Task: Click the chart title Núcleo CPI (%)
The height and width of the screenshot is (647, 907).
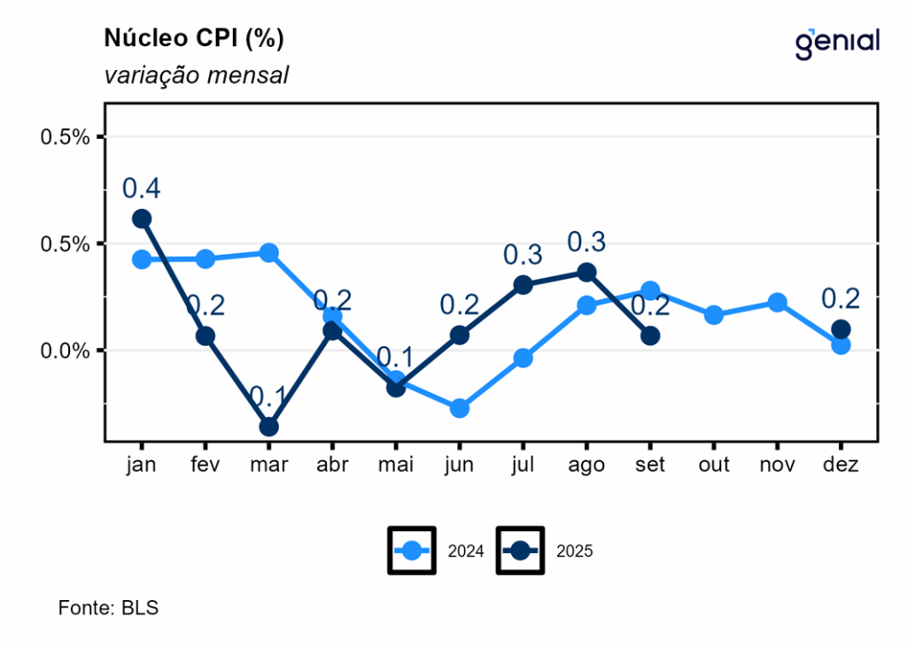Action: pyautogui.click(x=194, y=39)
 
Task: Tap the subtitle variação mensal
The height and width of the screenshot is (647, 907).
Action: pyautogui.click(x=197, y=75)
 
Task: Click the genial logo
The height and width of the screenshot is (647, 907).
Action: pyautogui.click(x=836, y=42)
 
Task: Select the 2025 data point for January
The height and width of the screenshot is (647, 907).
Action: pyautogui.click(x=142, y=219)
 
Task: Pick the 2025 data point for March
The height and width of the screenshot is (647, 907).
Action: pyautogui.click(x=268, y=427)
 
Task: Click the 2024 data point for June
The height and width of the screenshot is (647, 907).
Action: pyautogui.click(x=459, y=408)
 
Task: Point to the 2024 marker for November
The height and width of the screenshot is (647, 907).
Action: pyautogui.click(x=777, y=303)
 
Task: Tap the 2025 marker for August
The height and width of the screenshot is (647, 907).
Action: pyautogui.click(x=586, y=272)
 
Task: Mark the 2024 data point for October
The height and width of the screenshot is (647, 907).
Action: pyautogui.click(x=713, y=315)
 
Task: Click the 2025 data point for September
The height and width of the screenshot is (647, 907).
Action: pyautogui.click(x=650, y=335)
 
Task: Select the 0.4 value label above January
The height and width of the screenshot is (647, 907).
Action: pyautogui.click(x=142, y=189)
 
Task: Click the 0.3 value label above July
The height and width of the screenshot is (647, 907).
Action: pyautogui.click(x=523, y=255)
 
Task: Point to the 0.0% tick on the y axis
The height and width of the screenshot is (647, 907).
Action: pyautogui.click(x=66, y=350)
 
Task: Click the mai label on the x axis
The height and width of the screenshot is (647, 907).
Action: pyautogui.click(x=396, y=465)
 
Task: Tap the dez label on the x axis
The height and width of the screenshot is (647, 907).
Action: pyautogui.click(x=841, y=465)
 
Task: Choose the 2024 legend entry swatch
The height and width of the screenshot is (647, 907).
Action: pyautogui.click(x=412, y=551)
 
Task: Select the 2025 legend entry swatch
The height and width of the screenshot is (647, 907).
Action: pyautogui.click(x=519, y=551)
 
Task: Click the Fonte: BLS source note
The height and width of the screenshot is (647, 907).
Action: pyautogui.click(x=108, y=608)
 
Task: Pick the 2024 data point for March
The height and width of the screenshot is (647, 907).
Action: pyautogui.click(x=268, y=253)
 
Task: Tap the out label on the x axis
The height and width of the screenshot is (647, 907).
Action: pyautogui.click(x=713, y=465)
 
